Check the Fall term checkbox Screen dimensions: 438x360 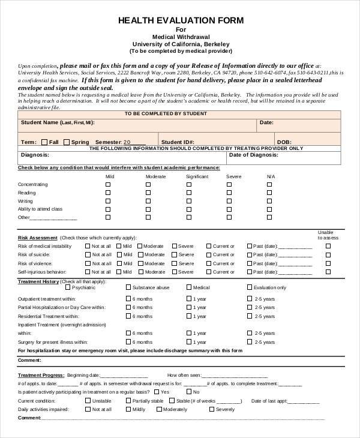[44, 142]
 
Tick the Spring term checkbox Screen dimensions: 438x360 [67, 142]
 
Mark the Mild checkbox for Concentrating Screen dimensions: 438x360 [108, 184]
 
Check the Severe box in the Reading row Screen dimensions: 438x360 [228, 193]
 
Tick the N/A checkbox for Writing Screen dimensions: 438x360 [269, 201]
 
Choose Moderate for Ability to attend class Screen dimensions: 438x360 [148, 209]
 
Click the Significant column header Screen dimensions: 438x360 [197, 176]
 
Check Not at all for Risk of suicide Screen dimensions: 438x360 [88, 254]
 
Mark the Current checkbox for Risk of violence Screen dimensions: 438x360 [209, 263]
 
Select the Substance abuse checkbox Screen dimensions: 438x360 [128, 287]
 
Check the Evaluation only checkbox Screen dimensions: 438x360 [250, 287]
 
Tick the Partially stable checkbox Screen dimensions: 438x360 [128, 400]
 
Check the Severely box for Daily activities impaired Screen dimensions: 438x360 [211, 409]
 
